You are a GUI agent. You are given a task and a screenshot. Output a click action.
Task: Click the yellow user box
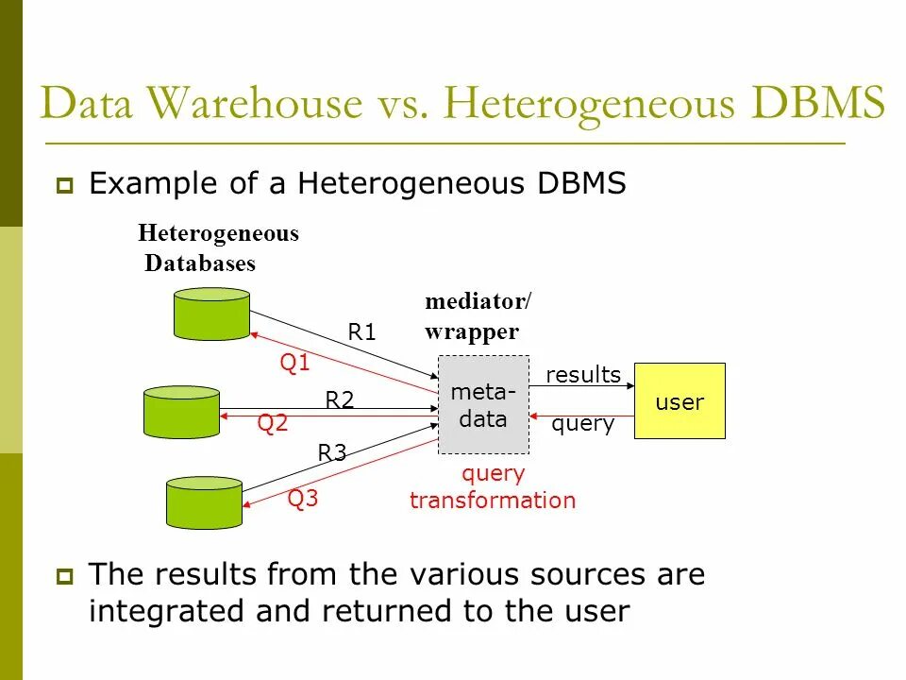[x=679, y=401]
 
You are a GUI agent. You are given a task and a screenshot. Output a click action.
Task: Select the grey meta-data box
[x=483, y=405]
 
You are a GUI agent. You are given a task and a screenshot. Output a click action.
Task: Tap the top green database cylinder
[x=211, y=314]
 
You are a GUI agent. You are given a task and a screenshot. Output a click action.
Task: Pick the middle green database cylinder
[x=181, y=411]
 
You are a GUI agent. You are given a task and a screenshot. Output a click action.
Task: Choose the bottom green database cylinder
[x=204, y=502]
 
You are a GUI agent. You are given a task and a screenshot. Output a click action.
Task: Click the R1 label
[x=362, y=332]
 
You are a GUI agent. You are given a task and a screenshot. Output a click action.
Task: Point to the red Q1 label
[x=295, y=364]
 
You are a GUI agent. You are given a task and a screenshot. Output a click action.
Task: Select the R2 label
[x=340, y=400]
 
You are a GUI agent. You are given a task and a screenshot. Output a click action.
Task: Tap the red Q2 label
[x=273, y=424]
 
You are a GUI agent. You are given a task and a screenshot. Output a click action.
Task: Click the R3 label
[x=332, y=453]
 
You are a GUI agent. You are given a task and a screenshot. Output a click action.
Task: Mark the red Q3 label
[x=303, y=500]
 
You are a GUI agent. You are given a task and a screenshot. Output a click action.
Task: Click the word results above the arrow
[x=583, y=375]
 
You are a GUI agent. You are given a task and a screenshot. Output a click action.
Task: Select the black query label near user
[x=583, y=424]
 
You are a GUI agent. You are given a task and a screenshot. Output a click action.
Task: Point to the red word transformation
[x=493, y=501]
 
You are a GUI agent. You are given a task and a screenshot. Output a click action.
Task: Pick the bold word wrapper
[x=472, y=331]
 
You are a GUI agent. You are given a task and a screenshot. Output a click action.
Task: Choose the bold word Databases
[x=200, y=263]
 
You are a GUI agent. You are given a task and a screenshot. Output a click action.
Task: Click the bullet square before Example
[x=65, y=186]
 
